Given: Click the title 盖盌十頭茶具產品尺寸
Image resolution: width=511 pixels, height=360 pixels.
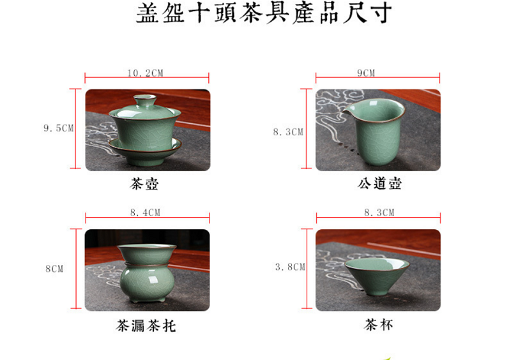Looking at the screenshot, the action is coord(264,13).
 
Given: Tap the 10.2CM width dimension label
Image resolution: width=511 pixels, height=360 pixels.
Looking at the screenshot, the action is coord(145,73).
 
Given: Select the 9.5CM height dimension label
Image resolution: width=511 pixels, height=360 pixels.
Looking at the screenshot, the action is coord(59,128).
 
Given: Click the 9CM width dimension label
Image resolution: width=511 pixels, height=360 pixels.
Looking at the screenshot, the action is coord(366,73).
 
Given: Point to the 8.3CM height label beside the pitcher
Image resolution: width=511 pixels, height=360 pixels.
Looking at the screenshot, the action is coord(288,132).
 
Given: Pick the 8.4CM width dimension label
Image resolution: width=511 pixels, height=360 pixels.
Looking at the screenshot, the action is coord(146,213).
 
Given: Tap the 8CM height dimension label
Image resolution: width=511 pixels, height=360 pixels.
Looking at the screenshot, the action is coord(54,269).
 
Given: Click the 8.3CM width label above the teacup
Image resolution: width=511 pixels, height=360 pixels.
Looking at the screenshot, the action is coord(379,213).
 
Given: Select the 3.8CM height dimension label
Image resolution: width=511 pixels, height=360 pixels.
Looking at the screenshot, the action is coord(290,267).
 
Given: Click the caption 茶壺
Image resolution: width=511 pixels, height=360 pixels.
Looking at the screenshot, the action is coord(144,184).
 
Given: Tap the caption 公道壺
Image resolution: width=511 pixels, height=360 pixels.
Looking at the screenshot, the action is coord(379,183).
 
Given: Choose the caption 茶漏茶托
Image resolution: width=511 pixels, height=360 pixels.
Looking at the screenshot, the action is coord(146,326).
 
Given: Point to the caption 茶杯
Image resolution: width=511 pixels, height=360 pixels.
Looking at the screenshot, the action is coord(378,324).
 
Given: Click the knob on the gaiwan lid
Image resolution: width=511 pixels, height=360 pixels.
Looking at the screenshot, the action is coord(145,100).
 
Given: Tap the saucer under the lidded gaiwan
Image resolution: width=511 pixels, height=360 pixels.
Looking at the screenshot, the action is coord(146,148).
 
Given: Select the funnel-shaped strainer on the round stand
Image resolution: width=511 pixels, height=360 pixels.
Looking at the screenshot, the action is coord(147,253).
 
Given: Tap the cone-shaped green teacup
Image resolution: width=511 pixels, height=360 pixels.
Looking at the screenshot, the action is coord(377,276).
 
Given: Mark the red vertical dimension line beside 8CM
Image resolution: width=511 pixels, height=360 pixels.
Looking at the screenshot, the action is coord(76,269).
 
